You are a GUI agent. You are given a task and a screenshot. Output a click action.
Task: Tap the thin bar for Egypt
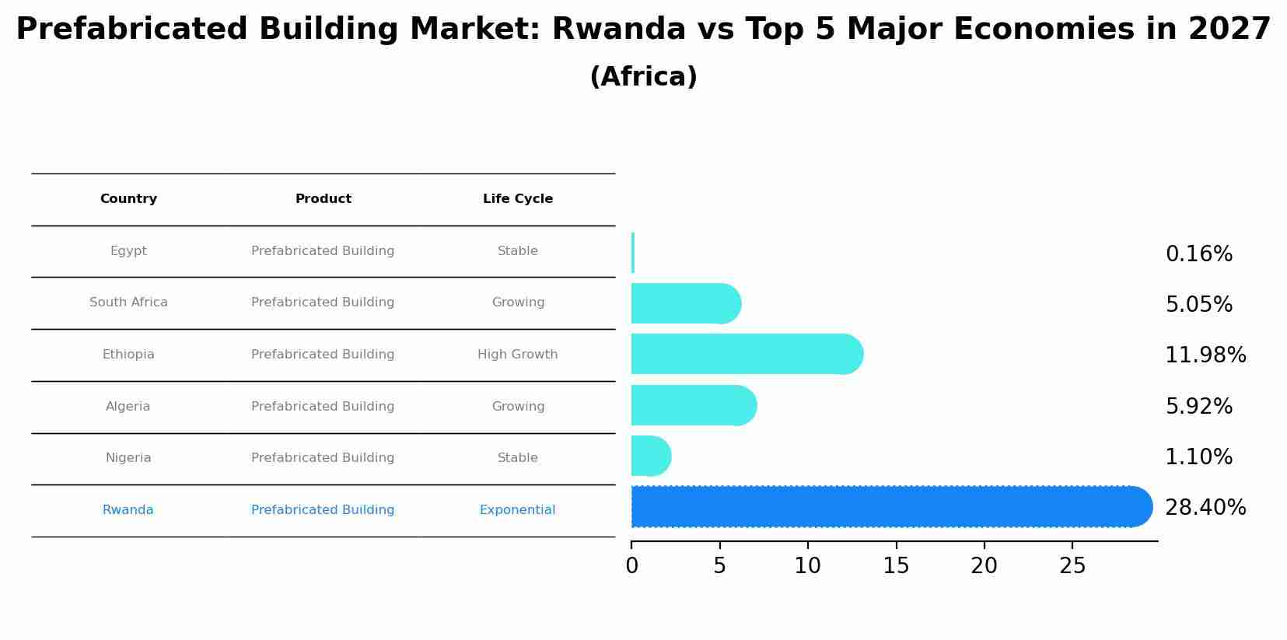click(633, 253)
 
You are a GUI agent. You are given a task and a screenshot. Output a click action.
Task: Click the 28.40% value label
click(1205, 508)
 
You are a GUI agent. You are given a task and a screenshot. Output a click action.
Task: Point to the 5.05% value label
click(1198, 305)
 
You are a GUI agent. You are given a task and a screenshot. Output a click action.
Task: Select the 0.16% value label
click(1198, 254)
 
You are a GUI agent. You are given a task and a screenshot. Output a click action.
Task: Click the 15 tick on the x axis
click(896, 566)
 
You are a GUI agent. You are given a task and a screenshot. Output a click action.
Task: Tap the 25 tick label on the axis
click(1072, 566)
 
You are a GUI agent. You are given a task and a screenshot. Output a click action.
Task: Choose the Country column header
click(128, 199)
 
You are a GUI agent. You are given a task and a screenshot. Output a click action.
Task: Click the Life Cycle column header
click(518, 199)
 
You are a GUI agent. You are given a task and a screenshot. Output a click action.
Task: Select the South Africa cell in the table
click(128, 303)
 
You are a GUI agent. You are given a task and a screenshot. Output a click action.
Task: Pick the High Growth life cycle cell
click(518, 355)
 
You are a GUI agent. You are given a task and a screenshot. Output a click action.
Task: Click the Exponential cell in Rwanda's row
click(518, 510)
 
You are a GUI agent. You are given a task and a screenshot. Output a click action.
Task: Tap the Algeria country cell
click(128, 407)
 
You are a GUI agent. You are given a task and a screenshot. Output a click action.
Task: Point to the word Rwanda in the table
click(128, 510)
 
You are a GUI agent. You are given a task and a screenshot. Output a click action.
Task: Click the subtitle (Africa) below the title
click(643, 77)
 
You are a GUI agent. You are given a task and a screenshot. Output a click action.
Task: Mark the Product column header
click(323, 199)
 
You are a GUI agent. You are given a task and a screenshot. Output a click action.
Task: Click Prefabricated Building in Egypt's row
click(323, 251)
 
